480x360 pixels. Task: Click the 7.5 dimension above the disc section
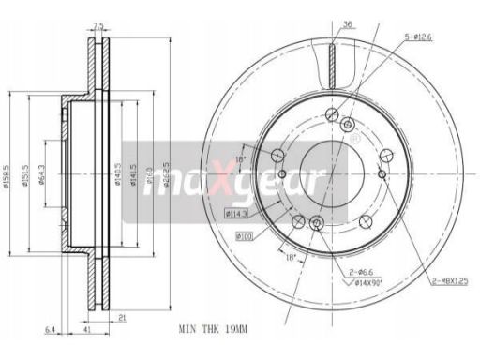(x=98, y=26)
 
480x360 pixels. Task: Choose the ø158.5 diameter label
(x=6, y=172)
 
